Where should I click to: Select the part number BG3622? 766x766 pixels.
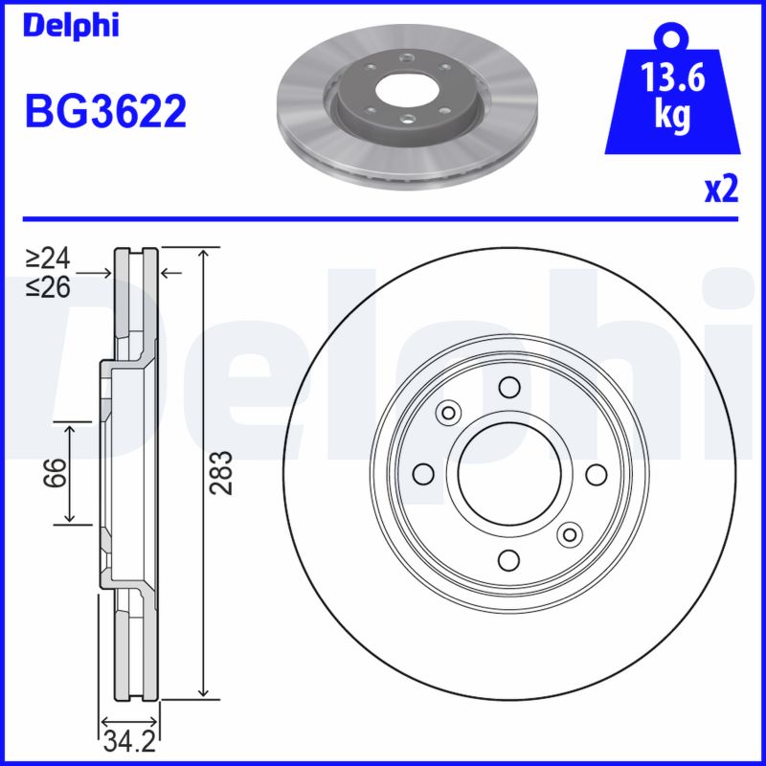click(x=104, y=113)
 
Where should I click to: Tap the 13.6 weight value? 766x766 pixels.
click(x=674, y=78)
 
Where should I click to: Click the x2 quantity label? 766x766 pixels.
click(x=721, y=190)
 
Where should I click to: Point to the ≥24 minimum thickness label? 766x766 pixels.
click(x=48, y=258)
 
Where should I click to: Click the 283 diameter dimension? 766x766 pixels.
click(x=221, y=472)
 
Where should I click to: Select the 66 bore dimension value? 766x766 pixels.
click(x=57, y=472)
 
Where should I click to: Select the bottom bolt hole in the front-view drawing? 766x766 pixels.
click(x=508, y=560)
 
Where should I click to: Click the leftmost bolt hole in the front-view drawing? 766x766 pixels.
click(x=421, y=473)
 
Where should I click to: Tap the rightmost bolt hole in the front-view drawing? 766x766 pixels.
click(x=596, y=473)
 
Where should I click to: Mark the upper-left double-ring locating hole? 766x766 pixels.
click(x=446, y=412)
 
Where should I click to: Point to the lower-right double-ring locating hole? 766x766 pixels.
click(x=571, y=534)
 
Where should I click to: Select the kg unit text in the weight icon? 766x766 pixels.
click(x=674, y=116)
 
